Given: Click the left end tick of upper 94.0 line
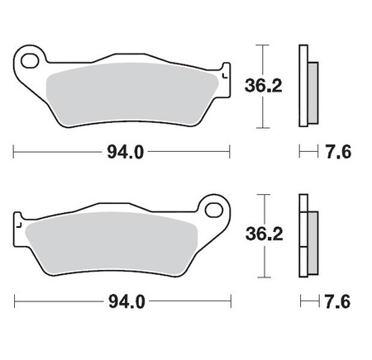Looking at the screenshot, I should pyautogui.click(x=15, y=152).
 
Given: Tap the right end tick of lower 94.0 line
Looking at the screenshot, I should pyautogui.click(x=229, y=301).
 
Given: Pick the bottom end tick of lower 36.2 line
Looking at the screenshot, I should pyautogui.click(x=262, y=278).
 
